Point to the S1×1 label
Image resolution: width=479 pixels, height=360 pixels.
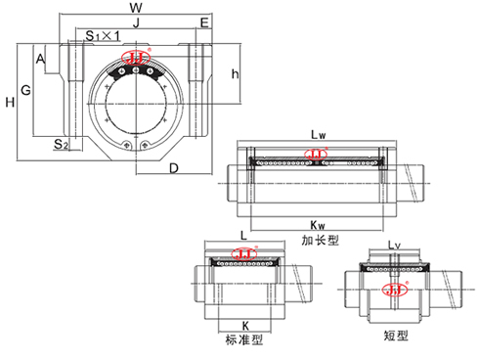pyautogui.click(x=102, y=35)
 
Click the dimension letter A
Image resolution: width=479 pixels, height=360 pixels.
pyautogui.click(x=40, y=60)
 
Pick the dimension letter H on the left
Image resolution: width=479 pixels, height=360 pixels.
pyautogui.click(x=9, y=102)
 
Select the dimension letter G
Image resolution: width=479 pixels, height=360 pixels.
pyautogui.click(x=26, y=90)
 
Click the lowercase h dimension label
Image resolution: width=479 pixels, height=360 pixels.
pyautogui.click(x=234, y=74)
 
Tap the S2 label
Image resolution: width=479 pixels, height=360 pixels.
pyautogui.click(x=60, y=145)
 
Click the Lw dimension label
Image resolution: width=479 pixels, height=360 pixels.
pyautogui.click(x=318, y=133)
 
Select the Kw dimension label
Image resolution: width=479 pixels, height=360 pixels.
pyautogui.click(x=318, y=221)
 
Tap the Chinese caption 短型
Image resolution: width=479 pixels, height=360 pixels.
pyautogui.click(x=396, y=335)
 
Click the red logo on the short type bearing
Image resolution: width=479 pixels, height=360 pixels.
pyautogui.click(x=396, y=289)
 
